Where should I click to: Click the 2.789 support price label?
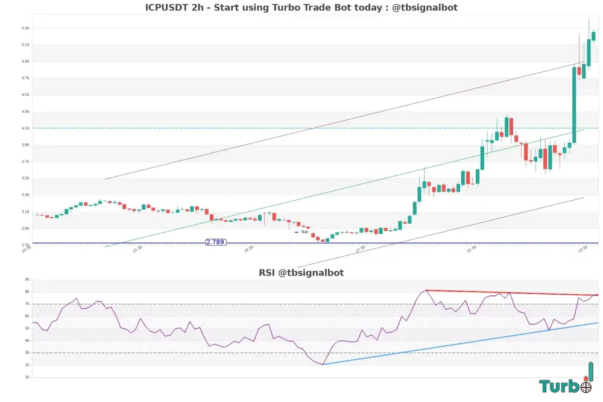pyautogui.click(x=215, y=242)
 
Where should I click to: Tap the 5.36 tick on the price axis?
pyautogui.click(x=25, y=28)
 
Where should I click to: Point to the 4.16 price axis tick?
pyautogui.click(x=25, y=128)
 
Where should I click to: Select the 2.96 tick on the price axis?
pyautogui.click(x=25, y=228)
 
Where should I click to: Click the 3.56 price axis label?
pyautogui.click(x=25, y=178)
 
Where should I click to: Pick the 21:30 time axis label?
pyautogui.click(x=137, y=248)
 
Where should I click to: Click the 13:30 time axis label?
pyautogui.click(x=582, y=248)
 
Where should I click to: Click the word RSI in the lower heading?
pyautogui.click(x=267, y=272)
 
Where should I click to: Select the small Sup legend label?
pyautogui.click(x=305, y=232)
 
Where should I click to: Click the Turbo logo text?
pyautogui.click(x=560, y=386)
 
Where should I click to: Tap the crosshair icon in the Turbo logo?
pyautogui.click(x=586, y=387)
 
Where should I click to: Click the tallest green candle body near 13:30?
pyautogui.click(x=574, y=105)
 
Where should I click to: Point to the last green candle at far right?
pyautogui.click(x=593, y=36)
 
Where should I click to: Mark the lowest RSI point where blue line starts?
pyautogui.click(x=323, y=364)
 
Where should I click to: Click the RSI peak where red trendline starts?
pyautogui.click(x=426, y=291)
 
